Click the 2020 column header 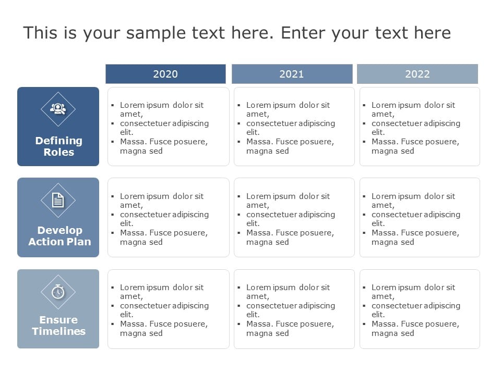(165, 74)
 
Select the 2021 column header (292, 74)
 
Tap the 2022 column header (417, 74)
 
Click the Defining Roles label (58, 146)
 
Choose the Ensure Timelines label (58, 326)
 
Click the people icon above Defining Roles (58, 109)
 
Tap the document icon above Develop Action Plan (58, 200)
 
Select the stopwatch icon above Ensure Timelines (58, 292)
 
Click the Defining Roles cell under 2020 (168, 127)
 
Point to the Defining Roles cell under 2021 (294, 127)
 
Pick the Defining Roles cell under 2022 (420, 127)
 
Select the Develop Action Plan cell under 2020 (168, 218)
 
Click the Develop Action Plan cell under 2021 (294, 218)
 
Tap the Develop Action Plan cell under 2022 (420, 218)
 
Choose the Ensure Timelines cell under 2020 (168, 309)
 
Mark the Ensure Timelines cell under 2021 (294, 309)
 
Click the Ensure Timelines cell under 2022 (420, 309)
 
